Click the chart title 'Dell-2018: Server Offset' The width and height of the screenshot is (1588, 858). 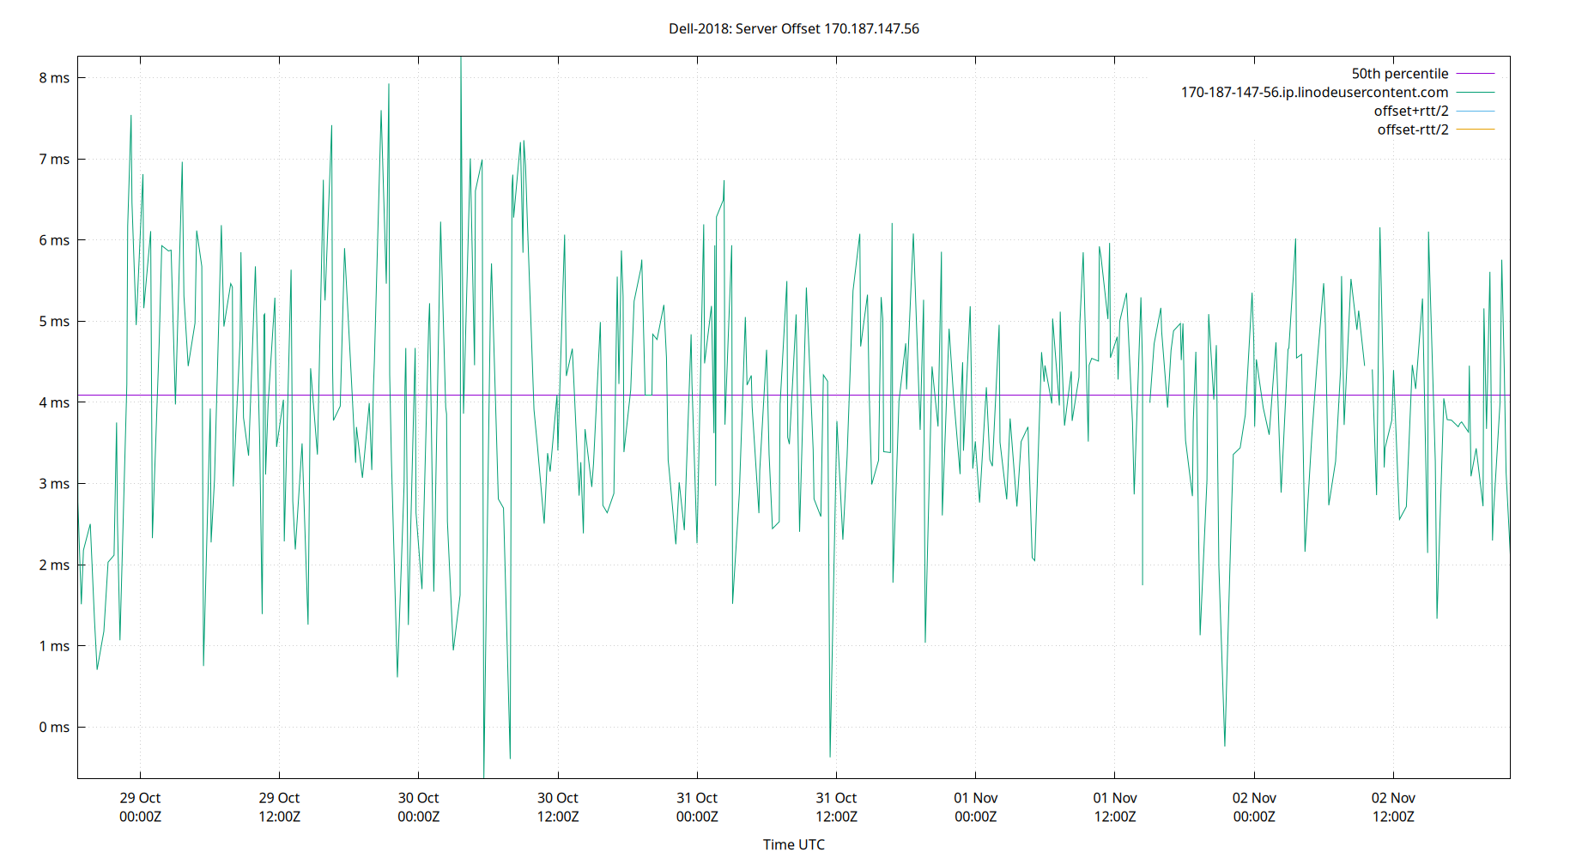pos(793,28)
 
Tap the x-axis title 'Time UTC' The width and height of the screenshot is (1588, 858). pos(793,844)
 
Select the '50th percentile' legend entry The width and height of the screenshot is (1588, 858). pos(1399,74)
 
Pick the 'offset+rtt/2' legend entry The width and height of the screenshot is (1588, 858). pos(1410,112)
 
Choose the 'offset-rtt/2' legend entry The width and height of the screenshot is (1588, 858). pos(1412,130)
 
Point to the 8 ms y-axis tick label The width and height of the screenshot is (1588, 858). pos(54,78)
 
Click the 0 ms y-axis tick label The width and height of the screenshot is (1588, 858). pos(54,728)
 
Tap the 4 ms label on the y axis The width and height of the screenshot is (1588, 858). pos(54,402)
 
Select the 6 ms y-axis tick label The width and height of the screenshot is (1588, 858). pos(54,240)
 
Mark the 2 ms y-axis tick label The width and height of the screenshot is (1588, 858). pos(54,565)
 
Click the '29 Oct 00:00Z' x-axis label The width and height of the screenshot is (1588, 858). pos(140,807)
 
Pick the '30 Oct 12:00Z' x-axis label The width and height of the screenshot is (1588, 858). pos(558,807)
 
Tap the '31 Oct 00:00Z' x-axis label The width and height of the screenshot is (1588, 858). pos(697,807)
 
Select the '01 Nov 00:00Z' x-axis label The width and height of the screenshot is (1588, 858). pos(975,807)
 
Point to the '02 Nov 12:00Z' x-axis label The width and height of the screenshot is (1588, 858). pos(1393,807)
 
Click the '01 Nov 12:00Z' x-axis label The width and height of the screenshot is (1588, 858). pos(1115,807)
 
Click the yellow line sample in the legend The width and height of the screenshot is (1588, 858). pos(1476,130)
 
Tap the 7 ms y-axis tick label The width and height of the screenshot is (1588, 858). pos(54,160)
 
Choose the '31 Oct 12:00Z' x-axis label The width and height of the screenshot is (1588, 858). pos(836,807)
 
